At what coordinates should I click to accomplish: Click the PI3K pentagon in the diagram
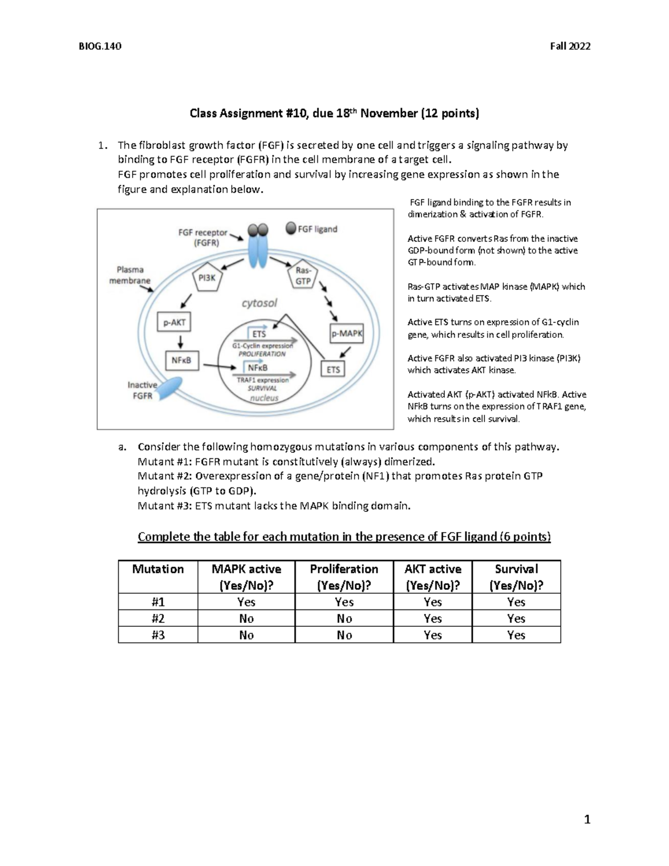(x=207, y=277)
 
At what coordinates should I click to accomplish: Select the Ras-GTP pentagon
(x=303, y=277)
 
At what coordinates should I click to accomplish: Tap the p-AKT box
(x=174, y=322)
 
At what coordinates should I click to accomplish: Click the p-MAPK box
(x=347, y=333)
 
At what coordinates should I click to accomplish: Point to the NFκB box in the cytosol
(x=181, y=360)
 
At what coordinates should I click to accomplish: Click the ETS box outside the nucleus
(x=333, y=369)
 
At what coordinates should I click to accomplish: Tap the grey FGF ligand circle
(x=291, y=228)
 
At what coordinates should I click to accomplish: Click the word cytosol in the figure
(x=259, y=303)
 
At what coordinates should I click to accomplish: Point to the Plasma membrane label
(x=129, y=275)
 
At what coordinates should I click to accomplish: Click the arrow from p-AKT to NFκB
(x=181, y=341)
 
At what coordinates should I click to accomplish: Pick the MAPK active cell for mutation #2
(x=246, y=618)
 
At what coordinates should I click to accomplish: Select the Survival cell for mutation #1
(x=516, y=602)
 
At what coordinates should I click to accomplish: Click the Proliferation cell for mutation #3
(x=344, y=635)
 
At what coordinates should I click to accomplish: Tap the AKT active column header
(x=433, y=577)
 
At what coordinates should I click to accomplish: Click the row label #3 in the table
(x=158, y=635)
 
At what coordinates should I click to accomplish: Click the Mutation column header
(x=158, y=569)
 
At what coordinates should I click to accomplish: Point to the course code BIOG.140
(x=100, y=46)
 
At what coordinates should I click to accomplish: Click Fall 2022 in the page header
(x=570, y=46)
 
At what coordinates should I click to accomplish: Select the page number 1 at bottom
(x=586, y=819)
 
